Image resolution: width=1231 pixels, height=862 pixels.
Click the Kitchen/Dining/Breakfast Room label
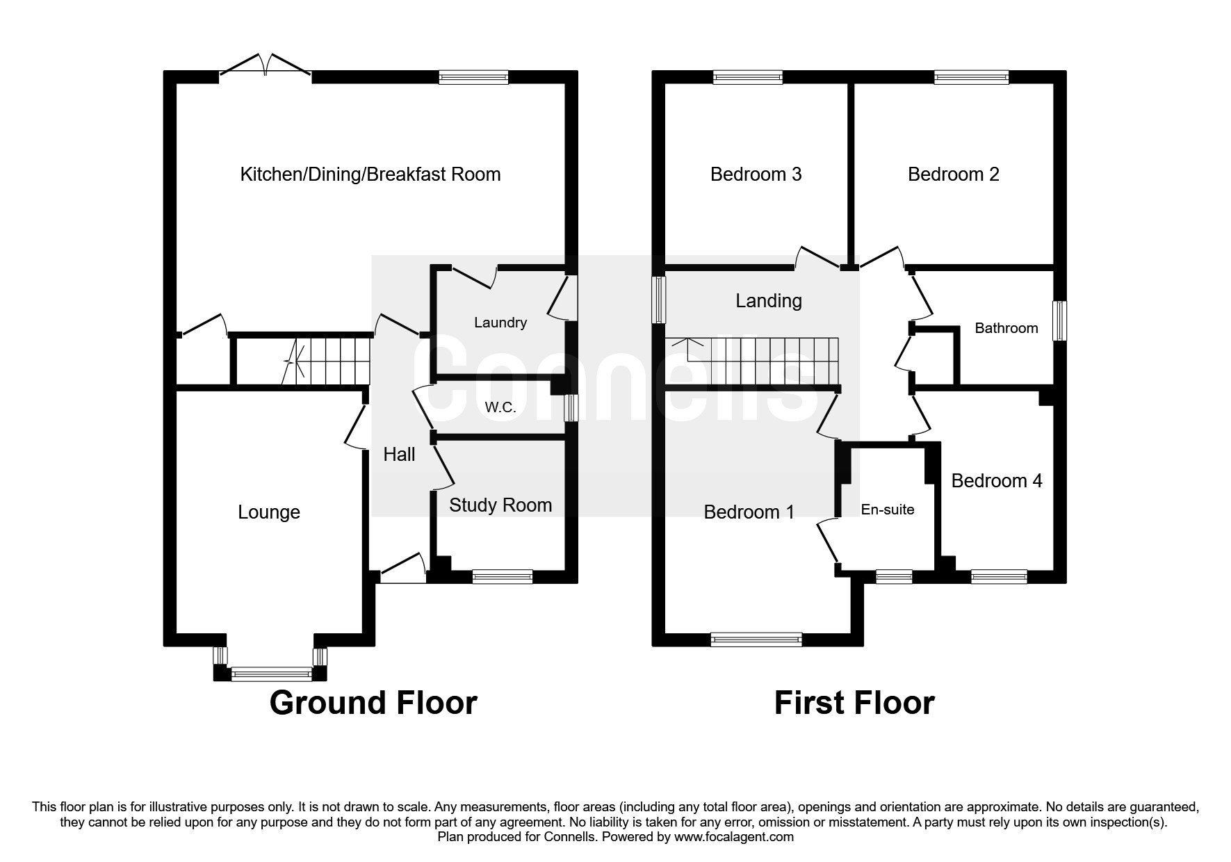370,174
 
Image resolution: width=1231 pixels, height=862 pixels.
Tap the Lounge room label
269,512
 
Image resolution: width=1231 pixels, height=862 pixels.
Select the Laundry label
500,323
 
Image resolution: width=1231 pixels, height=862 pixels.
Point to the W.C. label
500,408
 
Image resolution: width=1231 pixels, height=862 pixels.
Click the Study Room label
500,505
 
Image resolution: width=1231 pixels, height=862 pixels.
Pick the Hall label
399,455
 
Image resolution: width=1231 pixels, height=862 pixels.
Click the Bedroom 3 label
756,174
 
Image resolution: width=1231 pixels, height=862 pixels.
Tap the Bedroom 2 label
953,174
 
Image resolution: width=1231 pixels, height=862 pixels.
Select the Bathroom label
1006,328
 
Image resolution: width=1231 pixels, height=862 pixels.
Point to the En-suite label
887,510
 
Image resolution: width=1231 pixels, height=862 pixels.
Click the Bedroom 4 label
996,481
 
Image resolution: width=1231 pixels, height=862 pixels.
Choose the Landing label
768,301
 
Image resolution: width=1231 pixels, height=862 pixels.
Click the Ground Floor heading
373,703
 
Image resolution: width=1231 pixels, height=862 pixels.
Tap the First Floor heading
854,703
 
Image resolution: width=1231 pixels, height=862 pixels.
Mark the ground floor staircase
327,361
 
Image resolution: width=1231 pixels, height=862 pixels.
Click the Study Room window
502,576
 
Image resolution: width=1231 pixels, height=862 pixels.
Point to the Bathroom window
1059,320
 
